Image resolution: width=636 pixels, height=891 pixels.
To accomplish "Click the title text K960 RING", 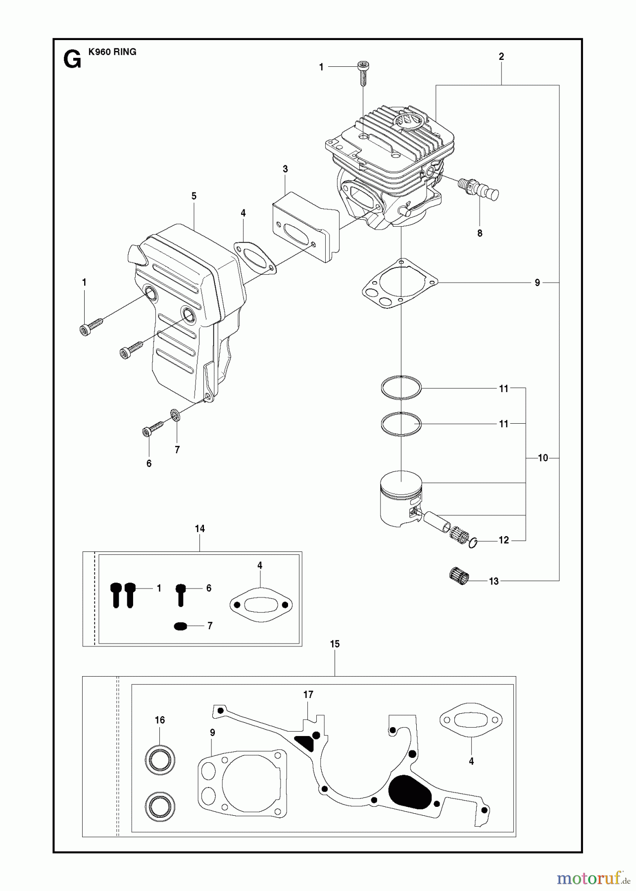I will click(x=112, y=52).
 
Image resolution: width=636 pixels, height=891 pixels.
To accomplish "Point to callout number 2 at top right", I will click(x=501, y=57).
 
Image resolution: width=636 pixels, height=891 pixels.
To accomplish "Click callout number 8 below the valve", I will click(x=480, y=233).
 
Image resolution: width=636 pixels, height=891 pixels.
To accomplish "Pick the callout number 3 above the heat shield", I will click(x=285, y=169).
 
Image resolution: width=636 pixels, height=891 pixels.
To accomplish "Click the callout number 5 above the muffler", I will click(x=194, y=196).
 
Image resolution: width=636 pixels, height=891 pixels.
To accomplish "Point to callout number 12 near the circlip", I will click(x=503, y=540).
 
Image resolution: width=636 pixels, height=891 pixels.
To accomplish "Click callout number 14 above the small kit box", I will click(x=199, y=529).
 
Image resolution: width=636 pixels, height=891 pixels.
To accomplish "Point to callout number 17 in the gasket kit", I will click(x=308, y=695).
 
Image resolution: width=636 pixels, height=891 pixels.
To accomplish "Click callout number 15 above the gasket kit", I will click(x=335, y=644).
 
